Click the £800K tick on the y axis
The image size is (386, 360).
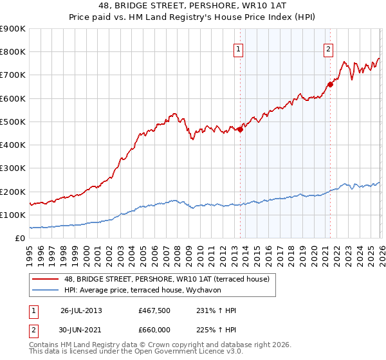pyautogui.click(x=13, y=52)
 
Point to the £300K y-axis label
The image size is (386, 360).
pyautogui.click(x=13, y=168)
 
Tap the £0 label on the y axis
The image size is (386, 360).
pyautogui.click(x=20, y=238)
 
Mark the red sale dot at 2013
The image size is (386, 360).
pyautogui.click(x=240, y=129)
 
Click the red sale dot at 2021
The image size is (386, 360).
pyautogui.click(x=330, y=84)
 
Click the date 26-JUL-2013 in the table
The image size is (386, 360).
pyautogui.click(x=81, y=310)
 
